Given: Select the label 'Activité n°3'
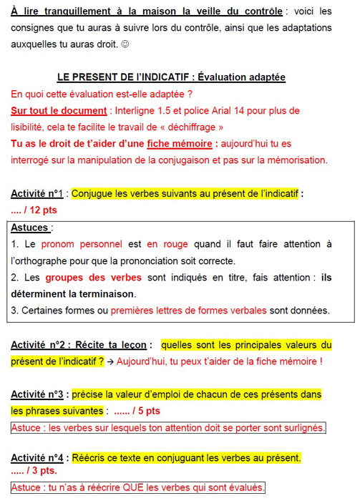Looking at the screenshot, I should point(37,394).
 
